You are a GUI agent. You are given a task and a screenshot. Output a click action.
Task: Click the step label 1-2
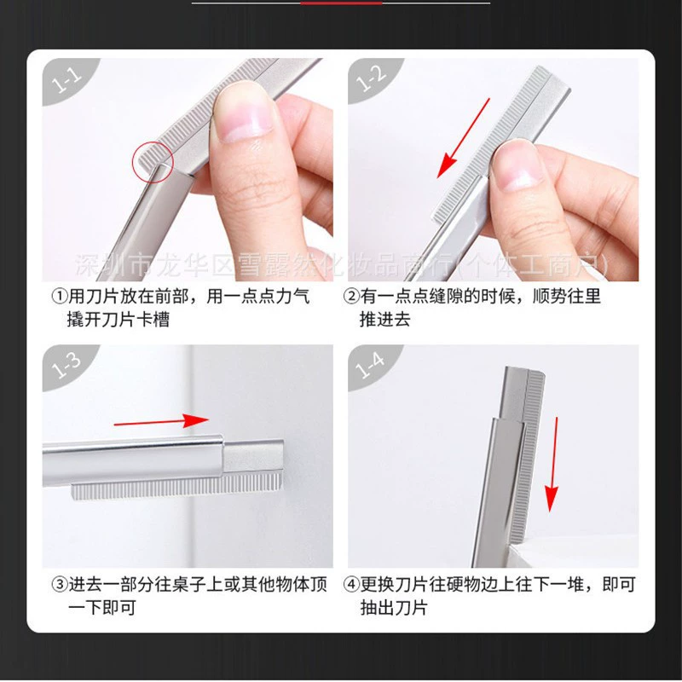(371, 79)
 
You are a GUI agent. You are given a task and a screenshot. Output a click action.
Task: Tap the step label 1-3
(66, 366)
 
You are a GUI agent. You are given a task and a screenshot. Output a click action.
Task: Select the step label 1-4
(370, 366)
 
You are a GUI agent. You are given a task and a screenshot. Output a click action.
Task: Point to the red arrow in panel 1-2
(463, 138)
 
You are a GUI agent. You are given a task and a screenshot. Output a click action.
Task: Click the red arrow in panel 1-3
(161, 421)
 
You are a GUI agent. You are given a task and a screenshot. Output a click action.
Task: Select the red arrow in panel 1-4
(553, 464)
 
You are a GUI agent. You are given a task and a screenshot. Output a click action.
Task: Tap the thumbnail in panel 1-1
(244, 113)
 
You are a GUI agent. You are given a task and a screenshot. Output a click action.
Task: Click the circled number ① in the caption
(60, 297)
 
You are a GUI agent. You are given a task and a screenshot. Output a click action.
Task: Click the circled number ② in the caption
(351, 297)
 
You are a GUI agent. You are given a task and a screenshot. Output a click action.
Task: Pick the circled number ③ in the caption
(60, 584)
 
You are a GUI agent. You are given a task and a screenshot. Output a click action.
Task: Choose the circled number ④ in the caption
(351, 584)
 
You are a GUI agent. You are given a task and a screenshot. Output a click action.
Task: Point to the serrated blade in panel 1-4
(527, 457)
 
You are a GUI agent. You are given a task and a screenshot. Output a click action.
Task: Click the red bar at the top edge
(341, 3)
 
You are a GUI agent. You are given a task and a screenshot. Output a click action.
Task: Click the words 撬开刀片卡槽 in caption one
(118, 320)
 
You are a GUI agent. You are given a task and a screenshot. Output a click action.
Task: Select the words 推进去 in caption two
(385, 320)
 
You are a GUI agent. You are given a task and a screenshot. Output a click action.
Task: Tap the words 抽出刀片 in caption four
(394, 607)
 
